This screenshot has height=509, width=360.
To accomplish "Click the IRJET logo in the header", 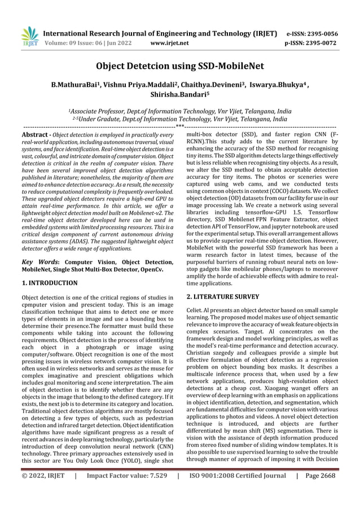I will pyautogui.click(x=28, y=36).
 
